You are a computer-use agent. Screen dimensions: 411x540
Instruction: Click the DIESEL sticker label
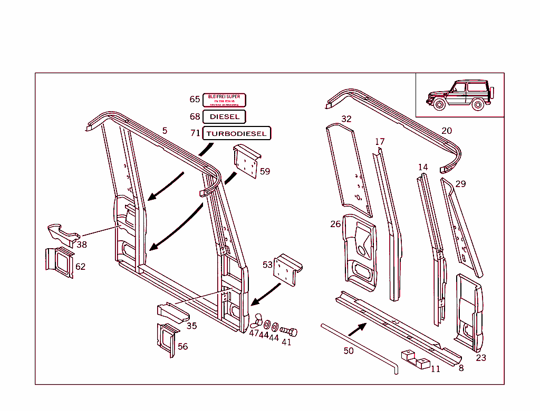[x=224, y=116]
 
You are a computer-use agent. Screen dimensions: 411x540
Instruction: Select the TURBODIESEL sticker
[x=237, y=134]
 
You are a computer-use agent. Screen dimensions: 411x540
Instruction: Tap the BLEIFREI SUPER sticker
[x=224, y=100]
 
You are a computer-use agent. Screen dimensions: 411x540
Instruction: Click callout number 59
[x=265, y=171]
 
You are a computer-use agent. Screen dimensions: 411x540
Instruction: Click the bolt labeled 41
[x=288, y=331]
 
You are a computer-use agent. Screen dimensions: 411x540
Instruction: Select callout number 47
[x=254, y=334]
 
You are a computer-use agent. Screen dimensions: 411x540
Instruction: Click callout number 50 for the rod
[x=348, y=350]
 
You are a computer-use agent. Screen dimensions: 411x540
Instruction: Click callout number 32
[x=346, y=119]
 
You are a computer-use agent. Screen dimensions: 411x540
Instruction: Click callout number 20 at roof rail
[x=447, y=131]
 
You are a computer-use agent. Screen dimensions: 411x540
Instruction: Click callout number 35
[x=191, y=326]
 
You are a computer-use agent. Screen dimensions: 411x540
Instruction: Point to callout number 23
[x=481, y=358]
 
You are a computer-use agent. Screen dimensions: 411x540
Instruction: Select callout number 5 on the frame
[x=165, y=131]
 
